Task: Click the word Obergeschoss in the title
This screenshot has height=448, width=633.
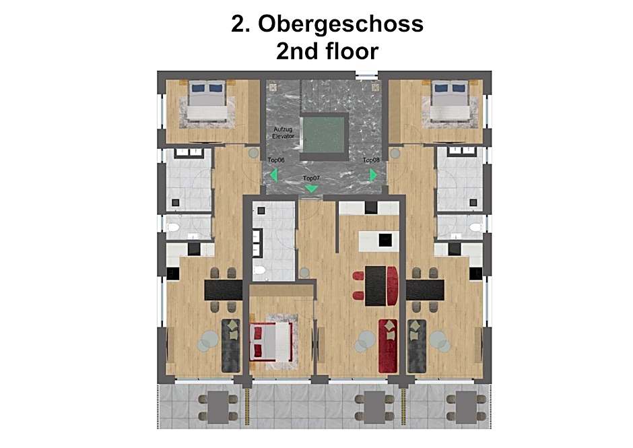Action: (x=341, y=25)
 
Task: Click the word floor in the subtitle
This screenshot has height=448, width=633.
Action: (x=347, y=51)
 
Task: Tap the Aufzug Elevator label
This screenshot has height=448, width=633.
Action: (x=283, y=133)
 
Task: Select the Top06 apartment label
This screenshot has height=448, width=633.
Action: (x=276, y=160)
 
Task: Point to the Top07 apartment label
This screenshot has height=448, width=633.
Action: (x=311, y=178)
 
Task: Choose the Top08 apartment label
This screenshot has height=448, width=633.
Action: (x=371, y=160)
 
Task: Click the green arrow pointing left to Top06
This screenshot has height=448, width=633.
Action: (x=274, y=175)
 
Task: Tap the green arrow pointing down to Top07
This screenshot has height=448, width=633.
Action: (x=311, y=188)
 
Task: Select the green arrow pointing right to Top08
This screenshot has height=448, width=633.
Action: (x=373, y=175)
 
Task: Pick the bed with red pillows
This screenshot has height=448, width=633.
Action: (x=271, y=342)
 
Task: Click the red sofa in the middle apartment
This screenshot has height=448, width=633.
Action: (x=388, y=346)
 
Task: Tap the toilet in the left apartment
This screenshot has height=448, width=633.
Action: (x=173, y=228)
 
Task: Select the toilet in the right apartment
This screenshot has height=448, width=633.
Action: (x=475, y=228)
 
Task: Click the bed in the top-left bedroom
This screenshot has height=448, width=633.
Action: (x=207, y=100)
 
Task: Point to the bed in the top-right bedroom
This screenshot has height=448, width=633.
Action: (x=450, y=100)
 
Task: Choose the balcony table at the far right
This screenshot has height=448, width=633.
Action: (x=466, y=407)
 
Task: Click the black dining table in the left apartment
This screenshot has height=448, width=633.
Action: (x=224, y=290)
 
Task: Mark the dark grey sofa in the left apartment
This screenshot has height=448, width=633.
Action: (x=231, y=346)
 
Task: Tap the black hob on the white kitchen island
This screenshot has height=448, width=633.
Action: (x=385, y=241)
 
